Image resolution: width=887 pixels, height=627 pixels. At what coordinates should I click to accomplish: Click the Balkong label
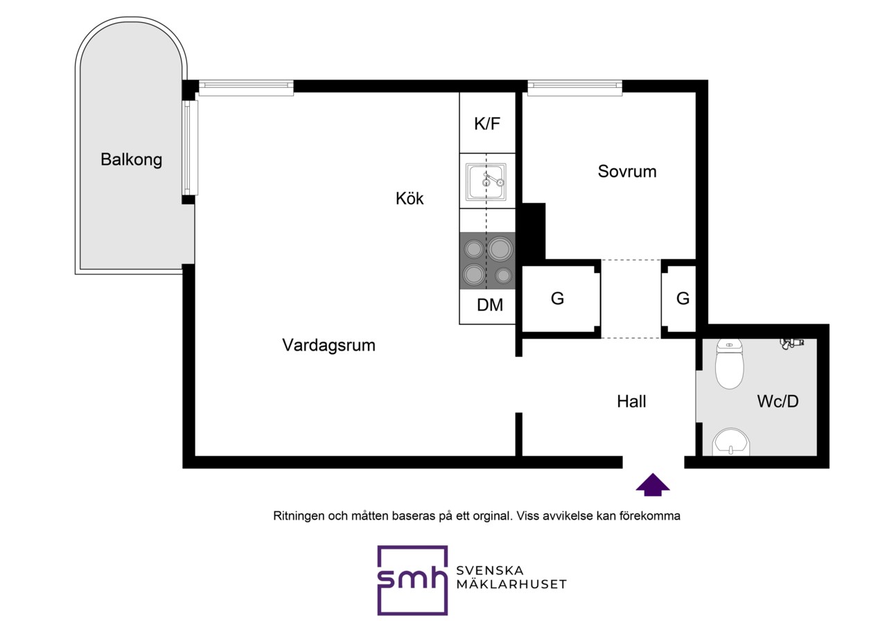(131, 159)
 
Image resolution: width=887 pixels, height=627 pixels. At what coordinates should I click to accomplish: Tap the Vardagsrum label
(328, 345)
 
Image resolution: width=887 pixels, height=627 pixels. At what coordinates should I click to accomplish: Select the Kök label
(410, 198)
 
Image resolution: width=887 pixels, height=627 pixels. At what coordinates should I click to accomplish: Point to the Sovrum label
(627, 171)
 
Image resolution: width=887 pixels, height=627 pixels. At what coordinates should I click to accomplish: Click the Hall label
(631, 401)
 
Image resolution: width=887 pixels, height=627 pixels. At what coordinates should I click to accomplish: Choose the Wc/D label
(778, 401)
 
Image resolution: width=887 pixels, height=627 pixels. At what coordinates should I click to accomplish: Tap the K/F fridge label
(487, 123)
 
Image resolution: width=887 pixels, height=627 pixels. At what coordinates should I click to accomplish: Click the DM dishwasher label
(490, 306)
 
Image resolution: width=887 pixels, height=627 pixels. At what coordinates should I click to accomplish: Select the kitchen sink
(486, 182)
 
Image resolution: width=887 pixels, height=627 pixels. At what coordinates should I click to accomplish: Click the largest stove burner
(500, 249)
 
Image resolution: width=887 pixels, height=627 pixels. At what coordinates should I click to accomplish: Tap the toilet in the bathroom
(730, 364)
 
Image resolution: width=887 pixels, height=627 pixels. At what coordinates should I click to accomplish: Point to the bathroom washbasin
(731, 442)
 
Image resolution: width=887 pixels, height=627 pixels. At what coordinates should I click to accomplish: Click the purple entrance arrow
(653, 484)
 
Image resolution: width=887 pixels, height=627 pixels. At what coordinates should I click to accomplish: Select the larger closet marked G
(561, 299)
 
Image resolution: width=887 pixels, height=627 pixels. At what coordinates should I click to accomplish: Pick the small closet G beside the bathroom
(678, 299)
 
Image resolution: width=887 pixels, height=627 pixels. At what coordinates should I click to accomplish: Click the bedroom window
(574, 87)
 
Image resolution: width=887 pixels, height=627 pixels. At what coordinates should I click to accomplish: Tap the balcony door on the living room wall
(191, 148)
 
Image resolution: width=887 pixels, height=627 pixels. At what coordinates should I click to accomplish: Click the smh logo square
(412, 580)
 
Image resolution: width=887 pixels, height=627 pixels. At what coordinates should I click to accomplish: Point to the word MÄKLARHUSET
(511, 584)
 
